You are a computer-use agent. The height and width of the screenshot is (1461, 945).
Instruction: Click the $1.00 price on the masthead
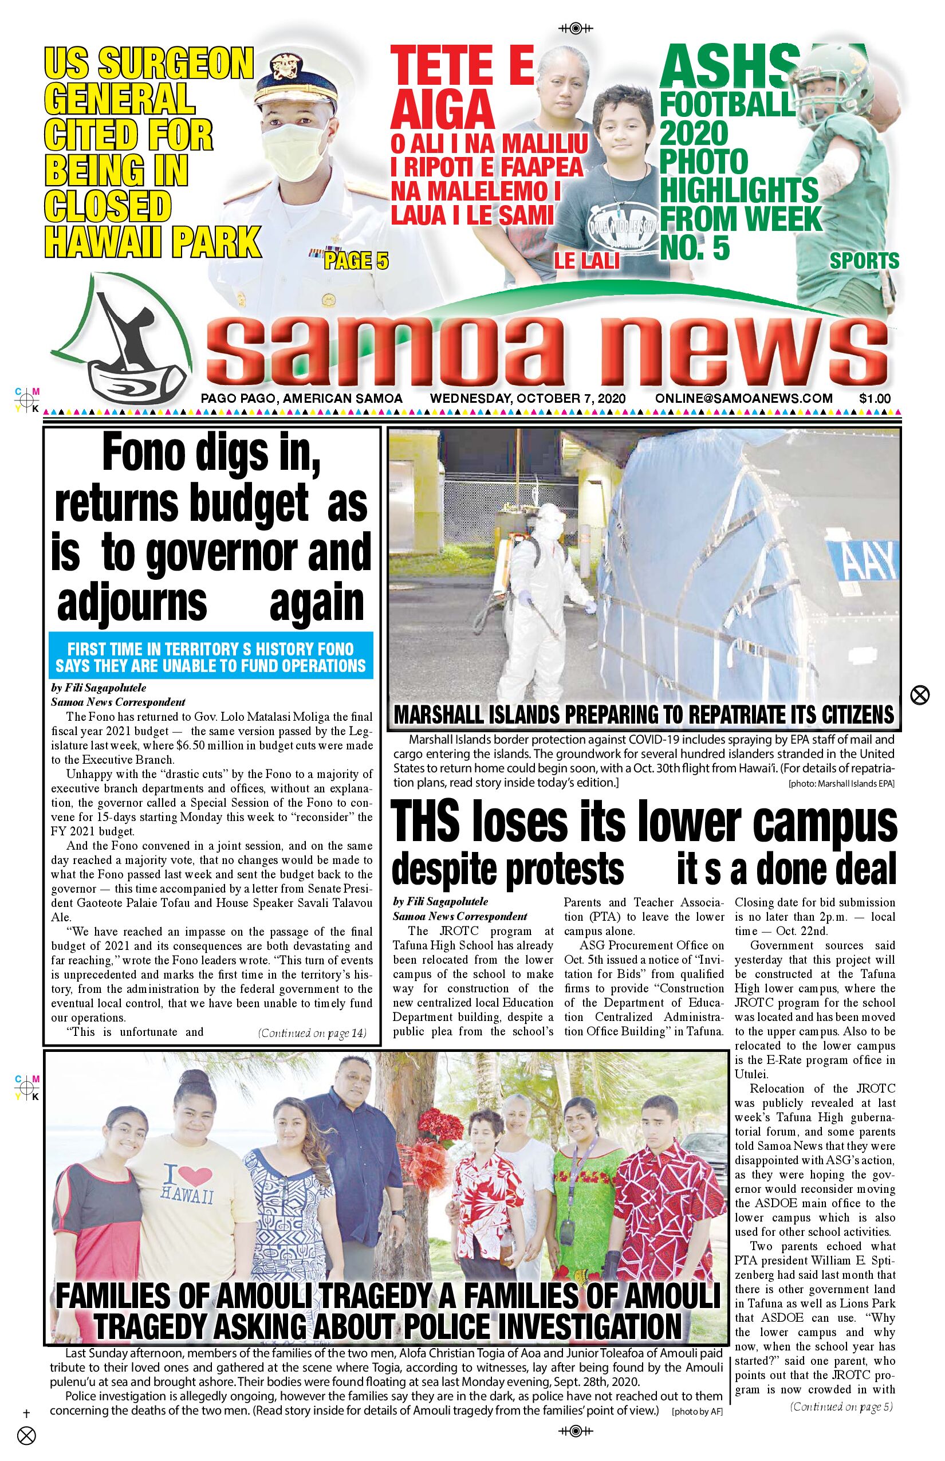[875, 398]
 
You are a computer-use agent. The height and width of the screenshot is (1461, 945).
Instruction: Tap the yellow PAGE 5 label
[356, 261]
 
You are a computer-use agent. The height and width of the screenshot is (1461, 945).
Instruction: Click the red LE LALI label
[586, 261]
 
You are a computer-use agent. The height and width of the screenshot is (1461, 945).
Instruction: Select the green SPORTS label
[864, 261]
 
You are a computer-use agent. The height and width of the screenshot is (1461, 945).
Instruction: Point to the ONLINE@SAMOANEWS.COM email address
[744, 398]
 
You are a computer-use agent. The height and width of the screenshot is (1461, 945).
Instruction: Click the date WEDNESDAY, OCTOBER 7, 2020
[527, 398]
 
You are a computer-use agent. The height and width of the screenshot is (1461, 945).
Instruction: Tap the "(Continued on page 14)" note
[312, 1033]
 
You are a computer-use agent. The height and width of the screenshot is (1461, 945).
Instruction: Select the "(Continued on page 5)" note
[841, 1407]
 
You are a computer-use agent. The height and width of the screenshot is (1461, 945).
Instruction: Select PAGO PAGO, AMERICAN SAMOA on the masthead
[301, 398]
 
